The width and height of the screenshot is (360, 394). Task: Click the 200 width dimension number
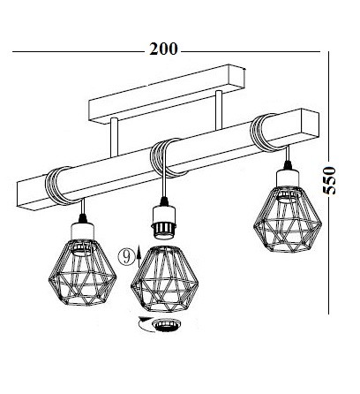point(163,49)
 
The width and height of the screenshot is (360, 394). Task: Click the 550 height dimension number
point(329,180)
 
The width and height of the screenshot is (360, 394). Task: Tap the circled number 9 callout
point(127,257)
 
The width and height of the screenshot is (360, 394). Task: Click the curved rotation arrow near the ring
point(145,324)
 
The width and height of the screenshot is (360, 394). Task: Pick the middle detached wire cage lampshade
point(164,279)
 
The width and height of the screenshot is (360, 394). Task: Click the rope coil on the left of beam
point(59,186)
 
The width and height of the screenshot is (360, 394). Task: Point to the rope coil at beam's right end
point(265,133)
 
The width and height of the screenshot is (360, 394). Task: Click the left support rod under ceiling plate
point(115,137)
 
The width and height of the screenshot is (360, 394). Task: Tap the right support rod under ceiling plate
point(219,110)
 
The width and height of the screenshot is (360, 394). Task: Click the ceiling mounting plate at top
point(167,93)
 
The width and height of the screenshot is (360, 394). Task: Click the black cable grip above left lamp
point(83,219)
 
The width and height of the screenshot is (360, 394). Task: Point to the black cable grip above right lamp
point(288,165)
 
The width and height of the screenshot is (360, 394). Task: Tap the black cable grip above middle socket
point(164,201)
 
